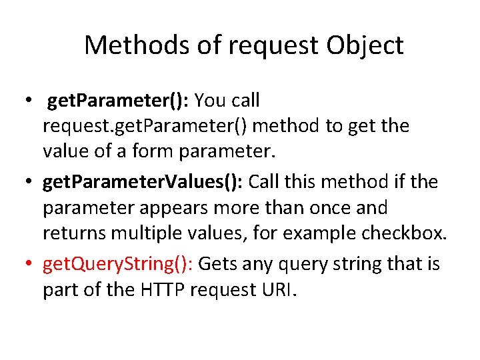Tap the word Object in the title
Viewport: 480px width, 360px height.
pyautogui.click(x=365, y=46)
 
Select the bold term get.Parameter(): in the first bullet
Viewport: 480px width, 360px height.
pyautogui.click(x=118, y=101)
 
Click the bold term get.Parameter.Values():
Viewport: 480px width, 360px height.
pyautogui.click(x=146, y=182)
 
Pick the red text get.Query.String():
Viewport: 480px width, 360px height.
pyautogui.click(x=117, y=265)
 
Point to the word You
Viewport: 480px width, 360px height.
pyautogui.click(x=211, y=101)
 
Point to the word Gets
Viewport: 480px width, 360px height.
pyautogui.click(x=217, y=265)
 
